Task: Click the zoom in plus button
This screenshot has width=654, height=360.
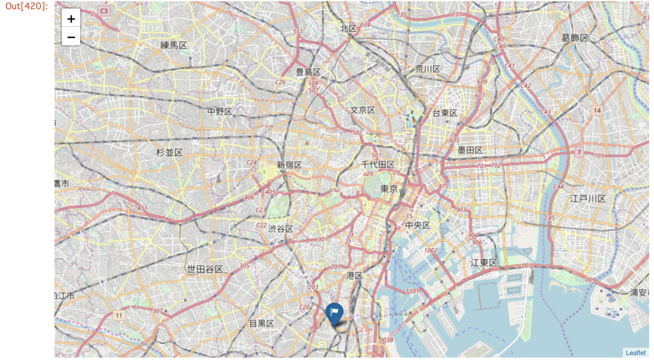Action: pos(71,19)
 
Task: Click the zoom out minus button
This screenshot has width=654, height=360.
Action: pos(71,37)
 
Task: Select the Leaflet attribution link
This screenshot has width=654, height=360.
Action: pos(636,353)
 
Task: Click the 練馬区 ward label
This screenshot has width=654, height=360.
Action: pos(174,45)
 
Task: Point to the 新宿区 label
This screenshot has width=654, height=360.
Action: pos(290,165)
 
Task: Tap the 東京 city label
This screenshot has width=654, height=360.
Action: pos(389,189)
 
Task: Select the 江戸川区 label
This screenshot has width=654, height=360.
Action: pos(588,199)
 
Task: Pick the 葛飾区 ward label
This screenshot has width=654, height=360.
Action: pos(575,38)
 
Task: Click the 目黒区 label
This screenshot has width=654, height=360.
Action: pos(262,323)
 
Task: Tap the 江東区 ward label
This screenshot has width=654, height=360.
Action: pos(484,263)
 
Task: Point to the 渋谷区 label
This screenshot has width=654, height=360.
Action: pos(281,229)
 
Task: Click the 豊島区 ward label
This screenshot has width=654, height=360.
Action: pos(308,72)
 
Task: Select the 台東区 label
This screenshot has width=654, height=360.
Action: pos(445,113)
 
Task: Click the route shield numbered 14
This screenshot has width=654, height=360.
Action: pos(597,110)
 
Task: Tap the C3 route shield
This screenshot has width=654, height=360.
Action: pos(104,11)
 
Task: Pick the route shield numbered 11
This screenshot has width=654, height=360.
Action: pos(119,316)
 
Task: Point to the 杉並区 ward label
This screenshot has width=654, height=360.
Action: pos(170,152)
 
